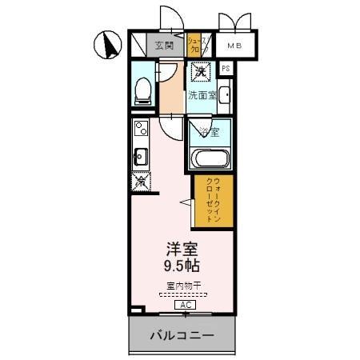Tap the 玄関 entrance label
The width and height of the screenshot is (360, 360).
(165, 45)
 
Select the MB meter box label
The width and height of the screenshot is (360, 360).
(234, 46)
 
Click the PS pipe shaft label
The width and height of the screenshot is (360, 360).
(226, 70)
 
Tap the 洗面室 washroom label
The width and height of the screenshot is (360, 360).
(201, 95)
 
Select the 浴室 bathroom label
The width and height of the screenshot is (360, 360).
(209, 131)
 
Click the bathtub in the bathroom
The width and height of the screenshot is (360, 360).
(210, 157)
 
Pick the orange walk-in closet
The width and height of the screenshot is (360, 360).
(214, 199)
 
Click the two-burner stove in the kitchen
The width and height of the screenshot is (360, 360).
(140, 129)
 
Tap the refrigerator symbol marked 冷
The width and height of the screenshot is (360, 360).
(140, 182)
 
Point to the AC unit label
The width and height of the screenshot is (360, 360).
(184, 305)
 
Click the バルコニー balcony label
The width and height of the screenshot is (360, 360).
(182, 335)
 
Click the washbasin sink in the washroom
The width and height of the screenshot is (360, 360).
(223, 99)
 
